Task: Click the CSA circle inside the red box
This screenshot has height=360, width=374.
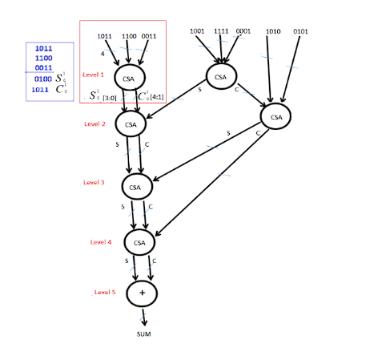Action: click(130, 78)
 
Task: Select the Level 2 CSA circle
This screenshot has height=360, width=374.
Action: click(131, 124)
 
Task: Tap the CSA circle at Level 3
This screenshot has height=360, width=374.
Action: click(136, 186)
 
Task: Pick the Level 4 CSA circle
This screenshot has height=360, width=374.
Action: click(139, 241)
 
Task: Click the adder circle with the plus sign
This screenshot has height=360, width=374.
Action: click(143, 293)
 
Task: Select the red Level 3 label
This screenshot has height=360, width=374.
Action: click(94, 183)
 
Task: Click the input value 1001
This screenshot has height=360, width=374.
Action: click(198, 31)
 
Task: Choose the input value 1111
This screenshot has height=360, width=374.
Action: click(222, 31)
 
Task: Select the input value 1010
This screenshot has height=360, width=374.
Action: click(272, 31)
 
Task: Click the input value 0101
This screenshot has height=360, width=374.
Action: click(300, 31)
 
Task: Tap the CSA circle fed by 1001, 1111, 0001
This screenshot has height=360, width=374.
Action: click(222, 75)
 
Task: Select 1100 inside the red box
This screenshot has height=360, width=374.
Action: click(128, 36)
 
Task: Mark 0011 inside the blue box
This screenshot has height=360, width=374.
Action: click(44, 69)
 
